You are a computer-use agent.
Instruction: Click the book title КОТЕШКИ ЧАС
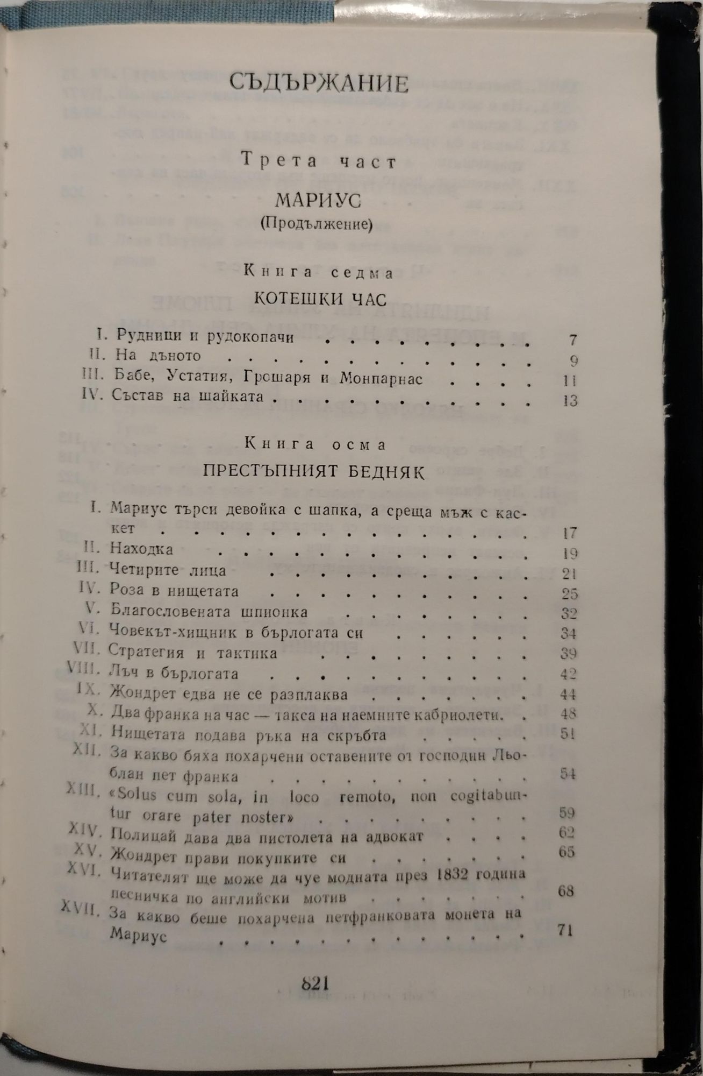(x=320, y=299)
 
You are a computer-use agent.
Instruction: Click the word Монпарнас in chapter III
(x=381, y=378)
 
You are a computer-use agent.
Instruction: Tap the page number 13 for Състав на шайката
(x=570, y=400)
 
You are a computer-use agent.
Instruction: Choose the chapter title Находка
(x=141, y=549)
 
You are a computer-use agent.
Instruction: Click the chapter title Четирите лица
(x=168, y=570)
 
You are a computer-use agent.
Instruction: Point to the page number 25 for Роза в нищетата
(x=569, y=593)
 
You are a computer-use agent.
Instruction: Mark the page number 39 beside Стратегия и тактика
(x=569, y=653)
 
